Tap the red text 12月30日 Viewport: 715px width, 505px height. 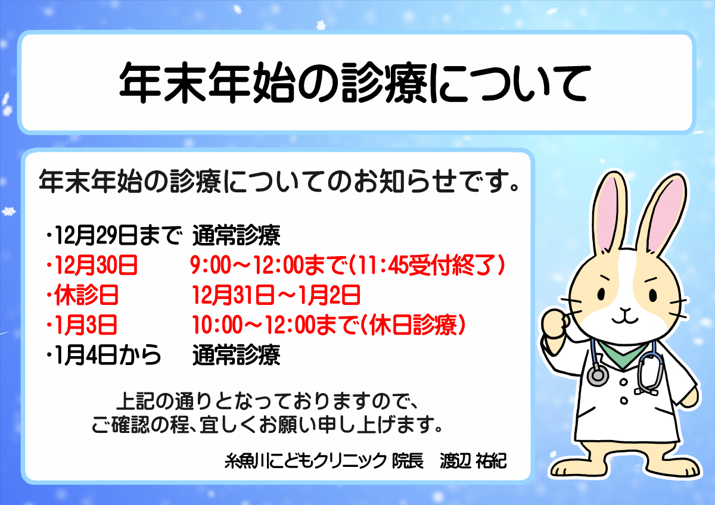coord(96,265)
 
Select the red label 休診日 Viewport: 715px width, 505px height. coord(86,295)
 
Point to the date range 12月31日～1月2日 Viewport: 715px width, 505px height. coord(276,295)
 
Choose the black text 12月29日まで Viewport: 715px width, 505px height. coord(118,235)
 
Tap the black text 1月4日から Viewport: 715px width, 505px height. coord(108,355)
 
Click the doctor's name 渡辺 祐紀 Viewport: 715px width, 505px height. coord(473,461)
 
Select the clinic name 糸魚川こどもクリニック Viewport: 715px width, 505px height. coord(306,461)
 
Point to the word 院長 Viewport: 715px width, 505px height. coord(408,461)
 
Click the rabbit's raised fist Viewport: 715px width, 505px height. coord(555,325)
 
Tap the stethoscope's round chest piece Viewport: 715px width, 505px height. coord(598,375)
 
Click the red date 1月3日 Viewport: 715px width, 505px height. coord(86,325)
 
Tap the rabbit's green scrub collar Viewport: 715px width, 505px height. coord(623,355)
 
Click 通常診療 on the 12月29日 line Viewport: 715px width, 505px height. coord(236,235)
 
